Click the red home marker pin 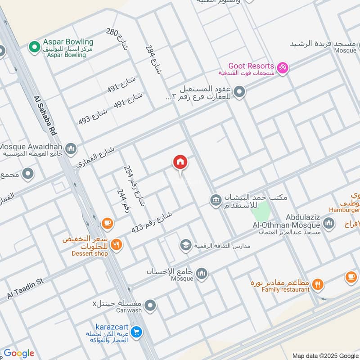coord(180,162)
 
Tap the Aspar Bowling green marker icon coord(34,46)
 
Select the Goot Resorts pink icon coord(283,68)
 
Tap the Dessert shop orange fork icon coord(116,244)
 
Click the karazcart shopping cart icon coord(137,333)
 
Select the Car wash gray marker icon coord(152,306)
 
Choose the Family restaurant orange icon coord(318,284)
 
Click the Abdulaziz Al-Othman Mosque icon coord(329,222)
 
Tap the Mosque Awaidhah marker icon coord(71,148)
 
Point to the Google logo coord(19,353)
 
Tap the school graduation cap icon coord(185,245)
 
